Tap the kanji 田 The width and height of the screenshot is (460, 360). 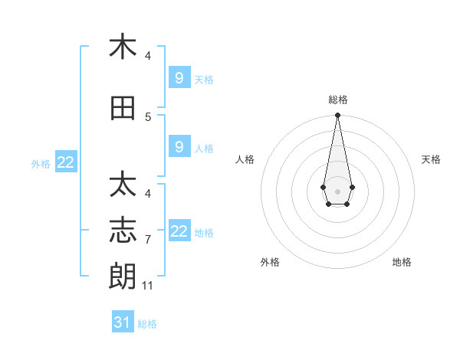click(123, 109)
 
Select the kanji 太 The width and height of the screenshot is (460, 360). click(123, 185)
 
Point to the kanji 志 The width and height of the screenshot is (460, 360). click(123, 231)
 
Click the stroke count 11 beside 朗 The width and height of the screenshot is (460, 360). click(148, 286)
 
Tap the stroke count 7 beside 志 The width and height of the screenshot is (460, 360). click(148, 240)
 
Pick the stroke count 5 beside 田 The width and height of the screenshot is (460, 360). click(148, 117)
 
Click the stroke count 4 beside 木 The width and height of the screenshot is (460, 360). click(148, 56)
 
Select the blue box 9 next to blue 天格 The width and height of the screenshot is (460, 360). click(179, 77)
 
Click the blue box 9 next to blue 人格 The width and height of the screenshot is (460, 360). click(179, 147)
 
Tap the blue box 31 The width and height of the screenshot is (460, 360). click(123, 322)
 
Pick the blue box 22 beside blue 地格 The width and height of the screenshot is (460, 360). click(179, 231)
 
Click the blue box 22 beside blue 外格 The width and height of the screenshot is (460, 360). click(66, 162)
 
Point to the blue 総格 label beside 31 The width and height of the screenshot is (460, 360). click(147, 324)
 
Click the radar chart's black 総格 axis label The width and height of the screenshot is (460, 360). click(337, 100)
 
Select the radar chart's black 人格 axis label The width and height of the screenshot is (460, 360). click(245, 159)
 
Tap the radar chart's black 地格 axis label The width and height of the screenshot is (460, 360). click(402, 262)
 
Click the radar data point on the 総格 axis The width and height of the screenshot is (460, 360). click(337, 116)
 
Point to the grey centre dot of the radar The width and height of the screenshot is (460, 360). click(337, 191)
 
